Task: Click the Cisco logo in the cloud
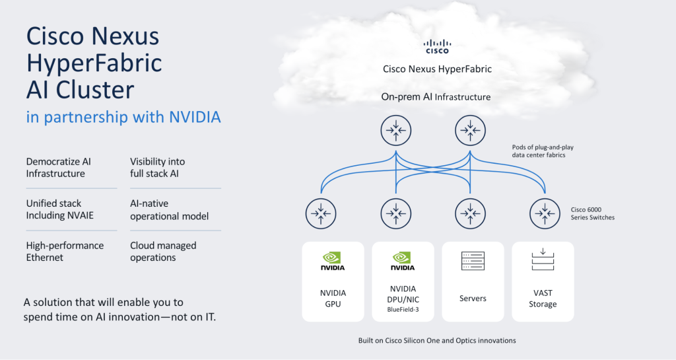coord(437,46)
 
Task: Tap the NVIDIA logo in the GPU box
coord(333,262)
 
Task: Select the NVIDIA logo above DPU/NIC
coord(403,262)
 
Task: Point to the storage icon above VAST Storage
coord(543,260)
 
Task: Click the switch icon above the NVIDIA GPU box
coord(321,213)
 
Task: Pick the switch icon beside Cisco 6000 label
coord(545,213)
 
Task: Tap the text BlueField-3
coord(403,310)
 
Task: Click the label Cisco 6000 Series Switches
coord(592,213)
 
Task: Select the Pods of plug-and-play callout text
coord(543,151)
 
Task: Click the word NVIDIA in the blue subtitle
coord(195,117)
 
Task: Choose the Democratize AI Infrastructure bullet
coord(59,168)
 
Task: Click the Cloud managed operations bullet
coord(163,252)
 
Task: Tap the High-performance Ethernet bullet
coord(65,252)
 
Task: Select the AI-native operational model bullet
coord(170,209)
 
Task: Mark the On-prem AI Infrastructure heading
coord(436,97)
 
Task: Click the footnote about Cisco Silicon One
coord(437,341)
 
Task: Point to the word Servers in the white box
coord(473,299)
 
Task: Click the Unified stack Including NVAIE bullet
coord(59,209)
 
